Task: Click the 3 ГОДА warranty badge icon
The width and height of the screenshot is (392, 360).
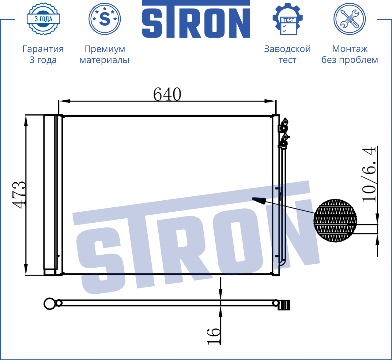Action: [x=43, y=19]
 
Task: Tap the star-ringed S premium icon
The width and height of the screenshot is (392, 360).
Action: [x=104, y=19]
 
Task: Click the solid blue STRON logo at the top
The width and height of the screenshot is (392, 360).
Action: [x=196, y=19]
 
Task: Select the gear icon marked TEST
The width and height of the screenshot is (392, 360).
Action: [x=288, y=19]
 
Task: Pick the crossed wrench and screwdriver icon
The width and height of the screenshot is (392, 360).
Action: [x=350, y=19]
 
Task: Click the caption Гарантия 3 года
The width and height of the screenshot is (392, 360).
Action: [x=43, y=54]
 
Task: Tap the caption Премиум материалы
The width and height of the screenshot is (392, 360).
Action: [x=104, y=54]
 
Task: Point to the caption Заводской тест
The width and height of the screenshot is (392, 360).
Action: [x=287, y=54]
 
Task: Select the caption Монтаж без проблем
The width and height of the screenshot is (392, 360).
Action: [x=350, y=54]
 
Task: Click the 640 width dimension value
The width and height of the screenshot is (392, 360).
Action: [x=167, y=94]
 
